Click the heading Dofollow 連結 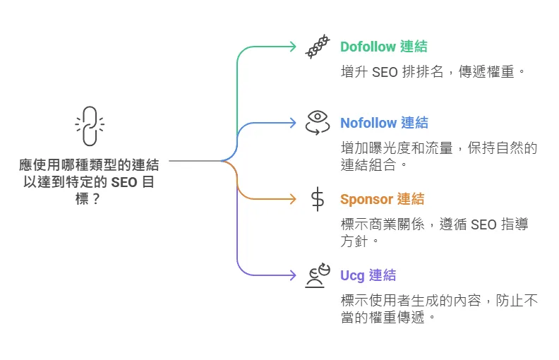383,47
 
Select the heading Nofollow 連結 384,123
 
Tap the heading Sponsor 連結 382,199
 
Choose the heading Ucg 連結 368,275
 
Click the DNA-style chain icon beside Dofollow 317,47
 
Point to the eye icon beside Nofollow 317,122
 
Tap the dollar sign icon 318,199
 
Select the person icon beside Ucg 317,275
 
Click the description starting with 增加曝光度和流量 438,156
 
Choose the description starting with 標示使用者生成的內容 438,308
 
